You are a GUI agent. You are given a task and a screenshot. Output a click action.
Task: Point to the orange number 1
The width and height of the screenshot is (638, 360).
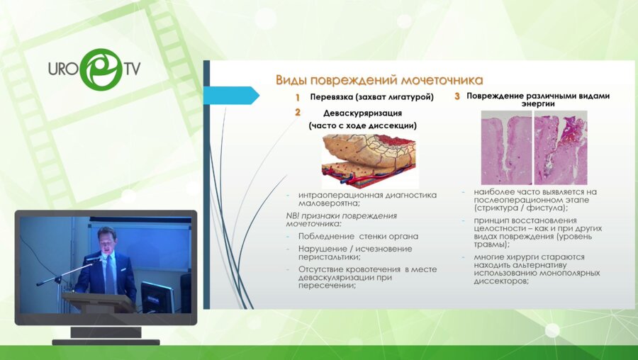[x=298, y=97]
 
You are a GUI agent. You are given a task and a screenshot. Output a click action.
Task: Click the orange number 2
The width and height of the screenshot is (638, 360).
[x=298, y=112]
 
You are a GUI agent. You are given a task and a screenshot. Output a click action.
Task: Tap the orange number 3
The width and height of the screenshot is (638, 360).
[x=457, y=96]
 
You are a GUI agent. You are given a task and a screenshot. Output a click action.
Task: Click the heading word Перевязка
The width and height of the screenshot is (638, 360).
[x=335, y=97]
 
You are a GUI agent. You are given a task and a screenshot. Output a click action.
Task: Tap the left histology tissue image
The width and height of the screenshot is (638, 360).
[x=505, y=150]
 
